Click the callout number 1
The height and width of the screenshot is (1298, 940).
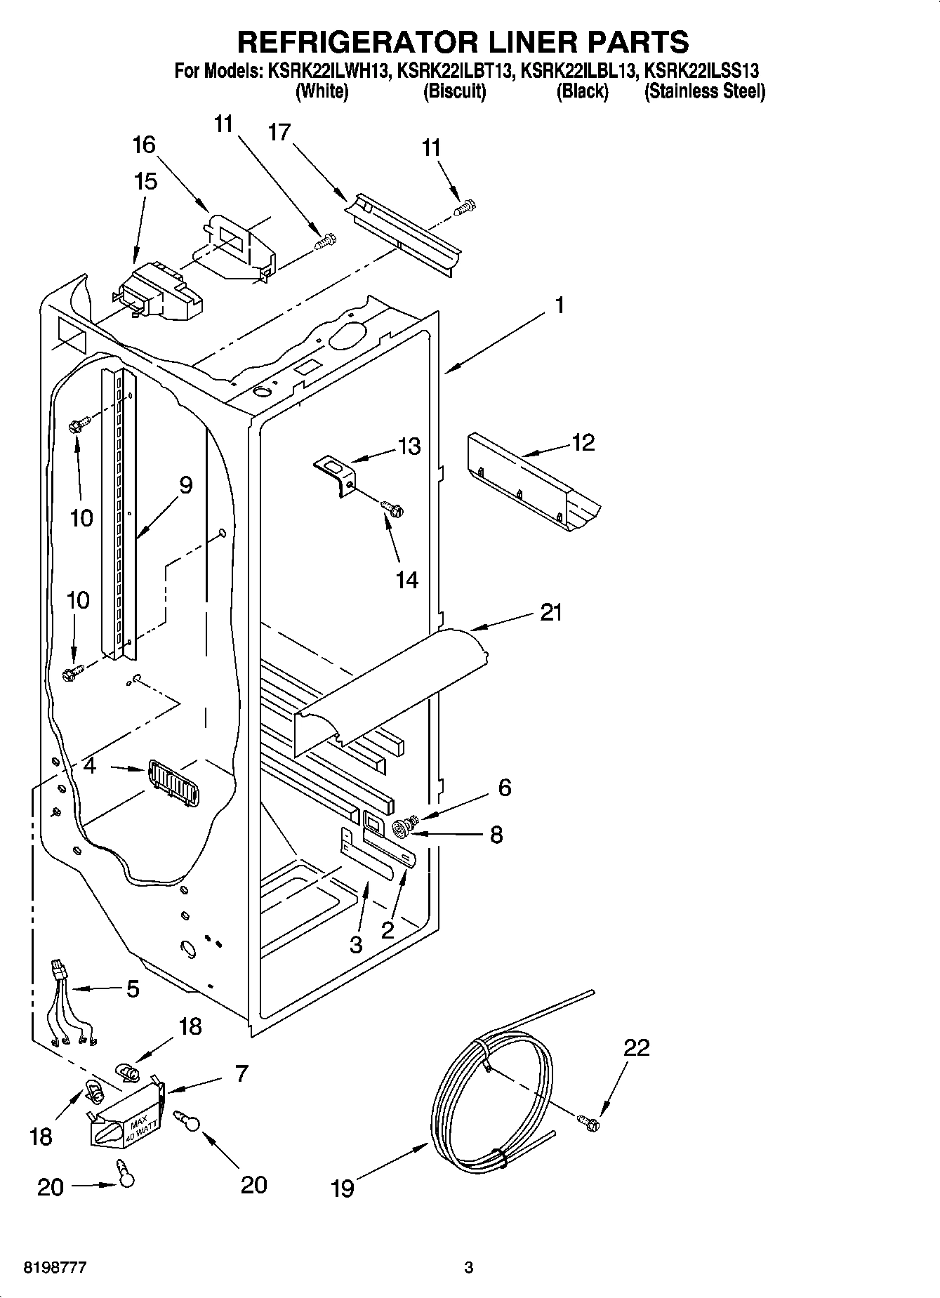click(x=560, y=305)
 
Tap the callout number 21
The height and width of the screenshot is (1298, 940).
click(x=551, y=613)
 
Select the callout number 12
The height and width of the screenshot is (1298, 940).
click(x=583, y=442)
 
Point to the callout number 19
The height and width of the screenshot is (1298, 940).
click(x=343, y=1188)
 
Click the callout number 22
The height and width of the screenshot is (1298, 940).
click(x=636, y=1047)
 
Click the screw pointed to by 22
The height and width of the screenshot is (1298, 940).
click(x=590, y=1123)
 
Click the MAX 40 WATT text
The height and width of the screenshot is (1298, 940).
click(x=138, y=1125)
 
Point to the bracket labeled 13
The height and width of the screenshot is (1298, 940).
click(x=336, y=472)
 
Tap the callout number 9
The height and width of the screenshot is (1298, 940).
click(x=185, y=484)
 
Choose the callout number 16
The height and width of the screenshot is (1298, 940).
click(x=144, y=145)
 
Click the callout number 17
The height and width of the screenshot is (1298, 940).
click(x=279, y=132)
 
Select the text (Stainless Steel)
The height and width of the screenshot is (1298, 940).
click(x=704, y=91)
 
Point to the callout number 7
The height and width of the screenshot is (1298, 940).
click(x=241, y=1073)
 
